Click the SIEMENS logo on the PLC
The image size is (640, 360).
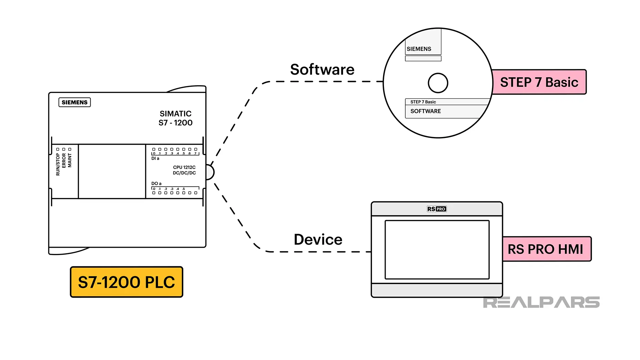coord(74,102)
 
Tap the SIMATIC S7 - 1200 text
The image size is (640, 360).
coord(175,118)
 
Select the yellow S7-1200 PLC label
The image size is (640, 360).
coord(126,282)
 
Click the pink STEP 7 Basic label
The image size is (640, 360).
coord(539,82)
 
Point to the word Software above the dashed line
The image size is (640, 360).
coord(322,70)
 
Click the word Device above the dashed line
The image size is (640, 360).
coord(318,240)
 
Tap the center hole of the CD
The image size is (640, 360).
coord(438,83)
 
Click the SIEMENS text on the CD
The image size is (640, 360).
coord(419,49)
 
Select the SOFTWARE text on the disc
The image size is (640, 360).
coord(425,111)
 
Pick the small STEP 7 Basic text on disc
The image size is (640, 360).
coord(423,102)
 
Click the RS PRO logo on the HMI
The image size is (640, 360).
coord(436,209)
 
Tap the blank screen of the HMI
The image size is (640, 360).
coord(437,249)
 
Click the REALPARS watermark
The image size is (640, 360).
coord(541,302)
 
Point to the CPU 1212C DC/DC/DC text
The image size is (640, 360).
coord(184,170)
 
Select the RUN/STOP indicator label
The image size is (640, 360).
coord(58,164)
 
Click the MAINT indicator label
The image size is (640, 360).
coord(70,160)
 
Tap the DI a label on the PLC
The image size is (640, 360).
coord(155,159)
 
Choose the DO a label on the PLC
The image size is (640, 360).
coord(156,184)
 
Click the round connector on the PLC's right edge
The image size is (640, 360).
coord(210,172)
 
